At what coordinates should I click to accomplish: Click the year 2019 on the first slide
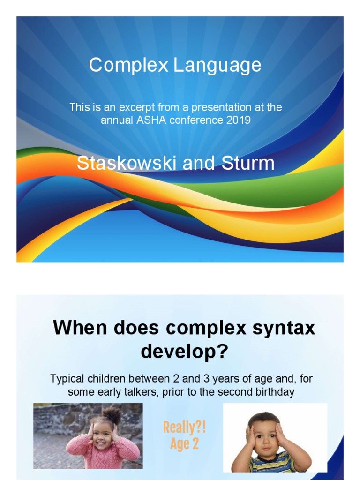click(x=238, y=120)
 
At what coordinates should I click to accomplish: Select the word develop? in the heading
click(x=184, y=352)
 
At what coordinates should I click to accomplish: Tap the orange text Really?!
click(x=184, y=427)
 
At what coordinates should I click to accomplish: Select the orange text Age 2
click(x=184, y=444)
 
